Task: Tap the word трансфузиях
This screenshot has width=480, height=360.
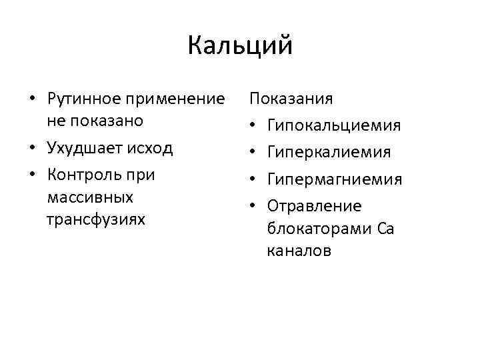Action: pos(95,219)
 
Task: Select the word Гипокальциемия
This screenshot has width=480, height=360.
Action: pos(334,126)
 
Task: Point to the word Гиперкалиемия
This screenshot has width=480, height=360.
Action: pos(329,153)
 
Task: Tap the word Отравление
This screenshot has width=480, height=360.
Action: pos(313,206)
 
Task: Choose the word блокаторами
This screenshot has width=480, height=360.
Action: pos(319,229)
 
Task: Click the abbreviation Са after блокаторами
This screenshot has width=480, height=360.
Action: pos(385,229)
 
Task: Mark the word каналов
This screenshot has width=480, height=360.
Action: pos(297,251)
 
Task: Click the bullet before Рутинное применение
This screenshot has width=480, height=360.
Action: pos(32,101)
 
